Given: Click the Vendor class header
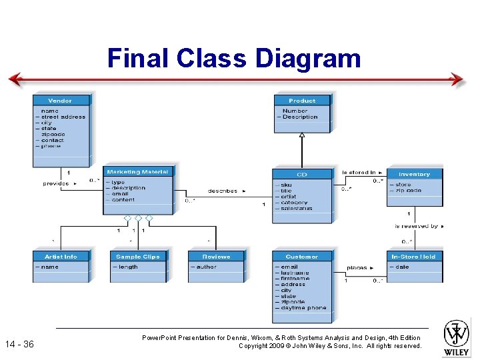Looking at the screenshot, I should [60, 101].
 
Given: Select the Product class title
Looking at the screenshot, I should [302, 101].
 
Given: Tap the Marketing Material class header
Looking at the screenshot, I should [138, 172].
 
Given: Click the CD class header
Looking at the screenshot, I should [302, 175].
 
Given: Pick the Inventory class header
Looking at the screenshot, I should [414, 174].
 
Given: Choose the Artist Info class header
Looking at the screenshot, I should [61, 257].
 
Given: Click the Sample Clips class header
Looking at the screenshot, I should [138, 257].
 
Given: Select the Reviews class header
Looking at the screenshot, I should [216, 257].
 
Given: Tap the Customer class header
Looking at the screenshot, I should [302, 257].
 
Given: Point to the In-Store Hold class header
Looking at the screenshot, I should [413, 257].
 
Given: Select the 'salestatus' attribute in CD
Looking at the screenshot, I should [297, 209].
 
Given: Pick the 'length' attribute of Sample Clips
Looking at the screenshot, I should [127, 267].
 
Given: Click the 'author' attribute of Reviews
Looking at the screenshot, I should [206, 267].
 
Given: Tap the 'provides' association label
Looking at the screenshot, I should [57, 183].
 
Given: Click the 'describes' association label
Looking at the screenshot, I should [223, 191].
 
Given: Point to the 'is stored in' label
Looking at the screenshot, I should [359, 173].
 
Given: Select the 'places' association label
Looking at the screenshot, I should [357, 267].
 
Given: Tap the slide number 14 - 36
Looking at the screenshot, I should [19, 345].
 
